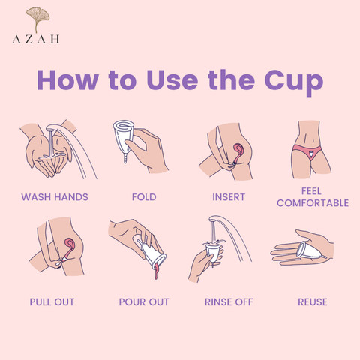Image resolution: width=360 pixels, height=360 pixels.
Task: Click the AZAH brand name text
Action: [x=36, y=39]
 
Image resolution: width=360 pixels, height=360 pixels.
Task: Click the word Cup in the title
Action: [x=294, y=82]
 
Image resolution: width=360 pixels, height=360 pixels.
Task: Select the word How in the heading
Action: [x=67, y=80]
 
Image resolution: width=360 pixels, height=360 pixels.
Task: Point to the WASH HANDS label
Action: [x=55, y=197]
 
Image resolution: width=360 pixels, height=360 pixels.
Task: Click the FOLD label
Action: [x=144, y=197]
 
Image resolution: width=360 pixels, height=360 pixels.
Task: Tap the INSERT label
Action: [x=229, y=197]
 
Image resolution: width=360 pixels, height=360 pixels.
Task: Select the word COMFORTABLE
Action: [x=313, y=203]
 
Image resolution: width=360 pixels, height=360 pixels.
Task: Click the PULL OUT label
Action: [x=52, y=301]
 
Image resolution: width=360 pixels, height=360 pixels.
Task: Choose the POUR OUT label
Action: [x=144, y=301]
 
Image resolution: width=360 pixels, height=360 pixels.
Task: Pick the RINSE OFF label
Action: [x=229, y=301]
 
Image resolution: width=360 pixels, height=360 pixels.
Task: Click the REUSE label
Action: [x=313, y=301]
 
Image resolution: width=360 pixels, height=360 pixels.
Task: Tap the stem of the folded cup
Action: [x=125, y=158]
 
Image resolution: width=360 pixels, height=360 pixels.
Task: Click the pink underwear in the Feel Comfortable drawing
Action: [x=307, y=151]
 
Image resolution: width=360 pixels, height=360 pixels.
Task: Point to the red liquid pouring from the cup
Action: [x=157, y=271]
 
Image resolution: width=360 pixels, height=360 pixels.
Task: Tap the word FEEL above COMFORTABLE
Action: [x=311, y=191]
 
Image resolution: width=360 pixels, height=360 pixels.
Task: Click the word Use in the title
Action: [x=172, y=80]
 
